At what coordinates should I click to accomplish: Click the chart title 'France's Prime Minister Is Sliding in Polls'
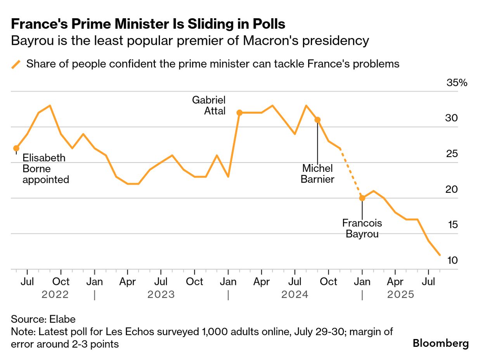pos(148,24)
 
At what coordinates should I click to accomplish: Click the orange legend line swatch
pos(16,64)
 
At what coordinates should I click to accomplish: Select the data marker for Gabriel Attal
pos(239,113)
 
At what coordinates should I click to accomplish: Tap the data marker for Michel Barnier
pos(317,120)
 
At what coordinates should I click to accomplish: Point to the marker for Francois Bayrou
pos(362,198)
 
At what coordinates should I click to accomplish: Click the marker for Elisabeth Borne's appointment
pos(16,148)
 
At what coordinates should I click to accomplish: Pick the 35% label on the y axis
pos(457,83)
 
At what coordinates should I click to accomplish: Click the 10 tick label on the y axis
pos(452,260)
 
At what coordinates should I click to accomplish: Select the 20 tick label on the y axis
pos(452,189)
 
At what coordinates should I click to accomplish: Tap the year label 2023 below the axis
pos(161,295)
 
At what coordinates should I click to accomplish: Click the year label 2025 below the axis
pos(401,295)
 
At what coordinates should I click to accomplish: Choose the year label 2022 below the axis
pos(55,295)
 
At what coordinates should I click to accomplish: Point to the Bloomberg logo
pos(440,343)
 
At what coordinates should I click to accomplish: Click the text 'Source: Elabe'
pos(43,319)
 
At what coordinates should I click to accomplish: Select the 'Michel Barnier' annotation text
pos(318,174)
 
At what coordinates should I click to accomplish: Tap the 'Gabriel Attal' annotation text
pos(209,105)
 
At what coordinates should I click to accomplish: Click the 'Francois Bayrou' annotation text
pos(362,229)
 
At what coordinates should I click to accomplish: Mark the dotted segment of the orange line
pos(351,173)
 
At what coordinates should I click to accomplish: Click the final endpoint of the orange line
pos(440,255)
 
